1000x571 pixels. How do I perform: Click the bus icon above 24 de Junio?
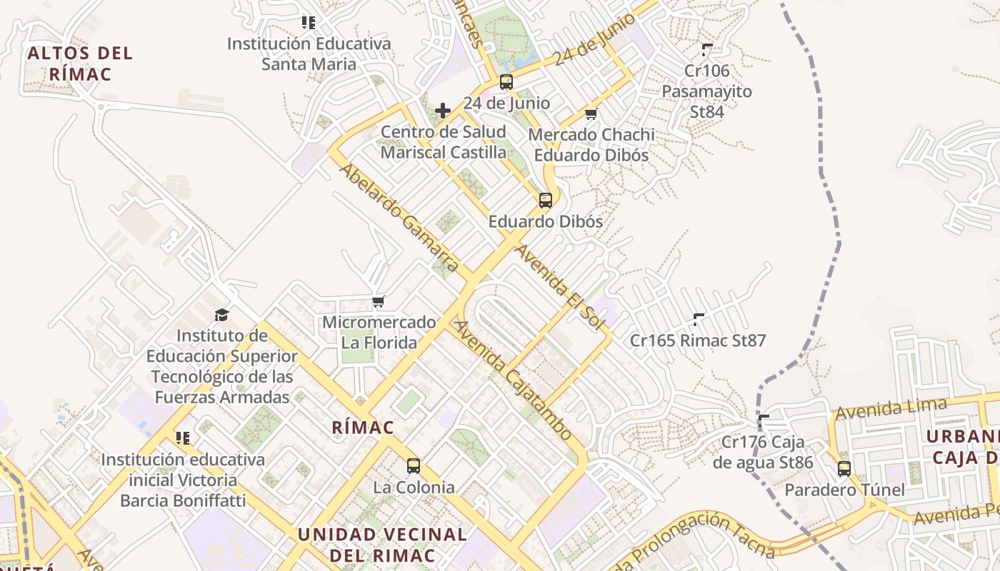506,82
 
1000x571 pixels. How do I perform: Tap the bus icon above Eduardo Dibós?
546,201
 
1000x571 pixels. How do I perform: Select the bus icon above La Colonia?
414,466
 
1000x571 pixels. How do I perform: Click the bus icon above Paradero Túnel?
844,469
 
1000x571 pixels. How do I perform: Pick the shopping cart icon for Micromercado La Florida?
379,302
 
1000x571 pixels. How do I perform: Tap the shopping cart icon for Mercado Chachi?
591,114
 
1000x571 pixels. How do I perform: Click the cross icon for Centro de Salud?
443,111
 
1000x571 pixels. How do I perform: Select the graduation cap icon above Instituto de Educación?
222,315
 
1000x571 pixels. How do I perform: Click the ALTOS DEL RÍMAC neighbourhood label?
80,64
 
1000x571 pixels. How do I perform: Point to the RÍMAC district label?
363,428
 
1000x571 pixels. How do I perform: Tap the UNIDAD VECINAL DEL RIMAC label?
382,545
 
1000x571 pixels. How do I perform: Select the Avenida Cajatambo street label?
514,380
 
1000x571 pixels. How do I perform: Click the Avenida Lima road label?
891,408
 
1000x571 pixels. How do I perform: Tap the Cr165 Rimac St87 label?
697,340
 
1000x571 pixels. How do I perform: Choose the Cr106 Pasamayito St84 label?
706,91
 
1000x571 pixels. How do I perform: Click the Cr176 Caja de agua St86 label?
763,452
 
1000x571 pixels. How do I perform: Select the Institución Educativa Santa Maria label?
309,54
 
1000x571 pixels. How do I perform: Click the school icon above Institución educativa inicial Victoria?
183,438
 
